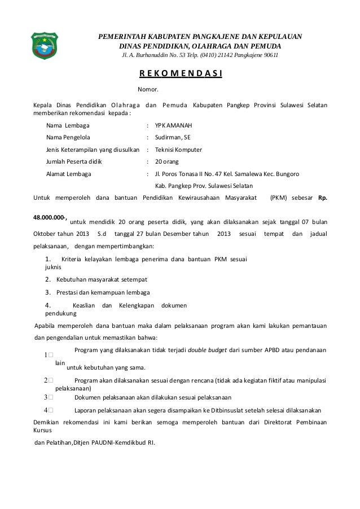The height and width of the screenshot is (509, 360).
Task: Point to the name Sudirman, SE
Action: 173,137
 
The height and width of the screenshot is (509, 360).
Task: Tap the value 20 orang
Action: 168,162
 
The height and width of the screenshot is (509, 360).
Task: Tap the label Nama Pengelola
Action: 71,137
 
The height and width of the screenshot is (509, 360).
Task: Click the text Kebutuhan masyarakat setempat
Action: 101,279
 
